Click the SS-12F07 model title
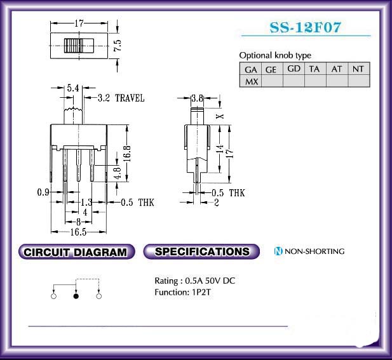[x=305, y=27]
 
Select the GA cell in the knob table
[x=250, y=69]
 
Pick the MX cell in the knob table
[x=250, y=81]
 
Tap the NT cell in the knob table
[x=359, y=69]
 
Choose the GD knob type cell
[x=294, y=69]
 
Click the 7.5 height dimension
[x=118, y=46]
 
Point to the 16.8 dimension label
[x=127, y=153]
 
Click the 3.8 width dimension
[x=197, y=98]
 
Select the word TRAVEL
[x=130, y=98]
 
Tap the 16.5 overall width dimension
[x=78, y=232]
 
